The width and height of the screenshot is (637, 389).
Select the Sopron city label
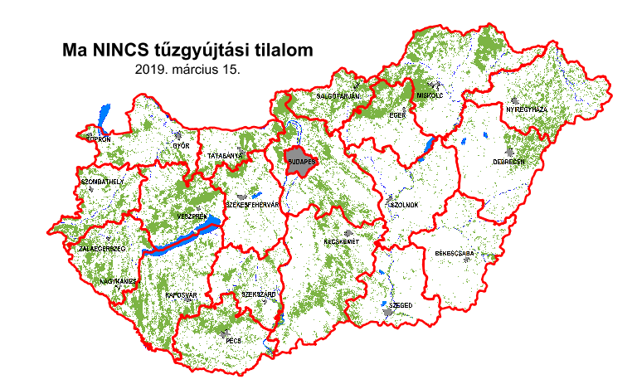click(x=98, y=139)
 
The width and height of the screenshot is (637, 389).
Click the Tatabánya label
click(x=225, y=155)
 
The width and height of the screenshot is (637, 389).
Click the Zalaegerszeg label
click(x=101, y=248)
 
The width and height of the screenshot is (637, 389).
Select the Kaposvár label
click(x=180, y=294)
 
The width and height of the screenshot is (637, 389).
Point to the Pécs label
click(x=233, y=339)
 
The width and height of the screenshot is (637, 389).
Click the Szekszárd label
click(x=258, y=294)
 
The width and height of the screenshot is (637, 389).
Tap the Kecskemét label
click(x=340, y=241)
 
